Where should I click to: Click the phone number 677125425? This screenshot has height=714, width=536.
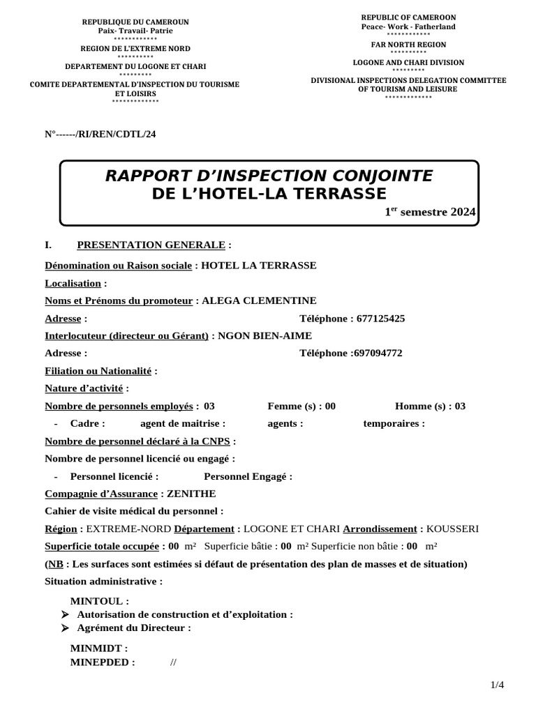tap(380, 319)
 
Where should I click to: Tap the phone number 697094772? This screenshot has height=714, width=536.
tap(378, 354)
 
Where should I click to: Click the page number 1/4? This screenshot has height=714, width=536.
tap(497, 685)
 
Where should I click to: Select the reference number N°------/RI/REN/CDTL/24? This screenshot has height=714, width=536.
tap(100, 134)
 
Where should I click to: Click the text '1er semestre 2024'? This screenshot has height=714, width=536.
tap(430, 212)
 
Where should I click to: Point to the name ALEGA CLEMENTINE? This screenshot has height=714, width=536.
tap(258, 301)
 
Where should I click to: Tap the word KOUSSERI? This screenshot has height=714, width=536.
tap(452, 529)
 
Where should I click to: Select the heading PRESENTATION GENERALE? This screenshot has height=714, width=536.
tap(151, 245)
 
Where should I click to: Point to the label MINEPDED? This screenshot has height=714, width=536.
tap(103, 662)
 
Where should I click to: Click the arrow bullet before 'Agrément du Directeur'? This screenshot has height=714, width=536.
tap(65, 628)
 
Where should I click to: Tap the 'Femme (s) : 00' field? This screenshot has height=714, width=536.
tap(301, 407)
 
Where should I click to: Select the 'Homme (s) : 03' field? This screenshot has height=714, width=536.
tap(430, 407)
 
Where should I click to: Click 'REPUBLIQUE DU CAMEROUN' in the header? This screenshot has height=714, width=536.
tap(135, 22)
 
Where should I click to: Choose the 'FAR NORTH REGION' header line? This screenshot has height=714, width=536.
tap(408, 43)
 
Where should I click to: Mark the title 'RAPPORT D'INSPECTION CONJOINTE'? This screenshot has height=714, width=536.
tap(269, 176)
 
